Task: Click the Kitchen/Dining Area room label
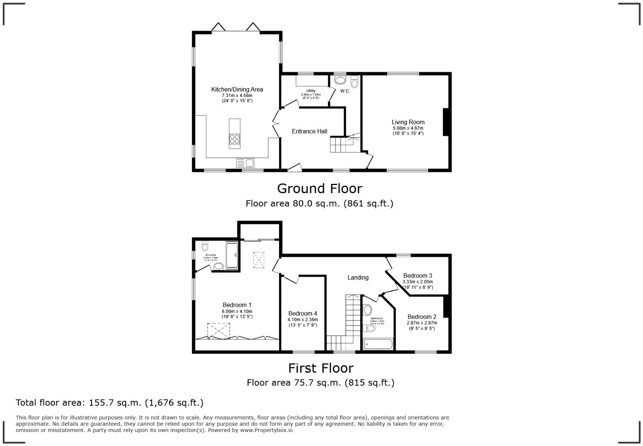pos(237,89)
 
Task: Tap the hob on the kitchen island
pos(234,139)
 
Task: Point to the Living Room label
pos(408,122)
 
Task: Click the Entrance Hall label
pos(309,132)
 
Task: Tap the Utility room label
pos(311,91)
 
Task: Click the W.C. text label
pos(345,91)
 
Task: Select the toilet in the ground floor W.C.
pos(354,82)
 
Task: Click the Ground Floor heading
pos(319,189)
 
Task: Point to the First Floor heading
pos(321,368)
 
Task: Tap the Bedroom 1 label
pos(237,305)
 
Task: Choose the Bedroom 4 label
pos(302,314)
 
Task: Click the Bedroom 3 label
pos(418,276)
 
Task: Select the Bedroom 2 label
pos(421,317)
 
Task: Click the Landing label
pos(358,277)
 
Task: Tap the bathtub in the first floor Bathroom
pos(378,344)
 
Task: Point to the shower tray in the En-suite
pos(232,255)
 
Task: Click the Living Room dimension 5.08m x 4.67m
pos(408,128)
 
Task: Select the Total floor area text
pos(109,403)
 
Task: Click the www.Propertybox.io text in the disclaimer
pos(266,430)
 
